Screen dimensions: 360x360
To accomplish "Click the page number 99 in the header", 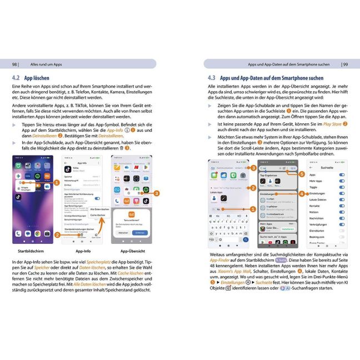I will pyautogui.click(x=345, y=64).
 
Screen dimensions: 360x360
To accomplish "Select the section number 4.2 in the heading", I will pyautogui.click(x=16, y=79).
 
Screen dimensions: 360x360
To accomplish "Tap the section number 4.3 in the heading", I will pyautogui.click(x=212, y=79).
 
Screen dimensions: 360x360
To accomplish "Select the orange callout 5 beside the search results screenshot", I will pyautogui.click(x=301, y=173).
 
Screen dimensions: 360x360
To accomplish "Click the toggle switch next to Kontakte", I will pyautogui.click(x=341, y=205).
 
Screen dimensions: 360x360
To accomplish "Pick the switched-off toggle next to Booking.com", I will pyautogui.click(x=341, y=236).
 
